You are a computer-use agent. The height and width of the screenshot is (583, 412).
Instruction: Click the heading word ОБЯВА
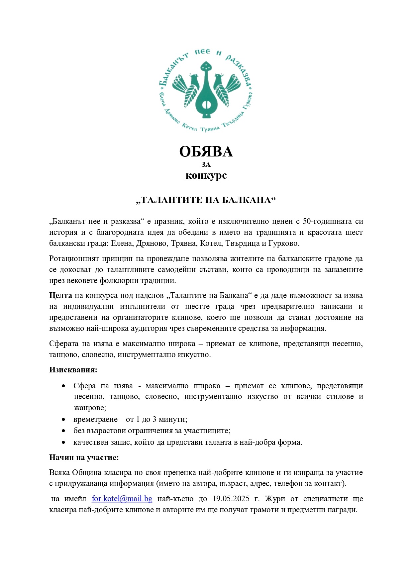click(x=206, y=152)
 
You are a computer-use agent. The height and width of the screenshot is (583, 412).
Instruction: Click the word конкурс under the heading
click(x=206, y=175)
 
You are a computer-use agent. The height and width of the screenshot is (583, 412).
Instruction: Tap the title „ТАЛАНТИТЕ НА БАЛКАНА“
click(x=206, y=200)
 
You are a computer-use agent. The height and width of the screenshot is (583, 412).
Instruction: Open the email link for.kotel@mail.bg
click(x=122, y=499)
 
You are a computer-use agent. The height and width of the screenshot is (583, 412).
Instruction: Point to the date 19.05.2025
click(x=231, y=499)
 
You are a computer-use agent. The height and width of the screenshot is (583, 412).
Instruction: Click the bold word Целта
click(x=60, y=295)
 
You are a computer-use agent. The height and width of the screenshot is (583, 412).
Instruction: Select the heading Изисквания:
click(x=73, y=370)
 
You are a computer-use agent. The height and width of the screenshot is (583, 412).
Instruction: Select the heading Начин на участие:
click(x=84, y=457)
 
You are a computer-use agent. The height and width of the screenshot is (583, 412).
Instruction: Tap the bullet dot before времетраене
click(x=63, y=420)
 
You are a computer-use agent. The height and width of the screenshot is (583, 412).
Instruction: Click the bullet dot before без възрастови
click(x=63, y=431)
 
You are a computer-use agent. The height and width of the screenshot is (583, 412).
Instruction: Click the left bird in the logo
click(x=188, y=88)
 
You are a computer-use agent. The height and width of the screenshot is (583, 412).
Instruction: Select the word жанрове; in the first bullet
click(x=90, y=408)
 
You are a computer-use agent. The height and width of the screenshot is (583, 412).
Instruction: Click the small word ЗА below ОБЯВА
click(x=206, y=164)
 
